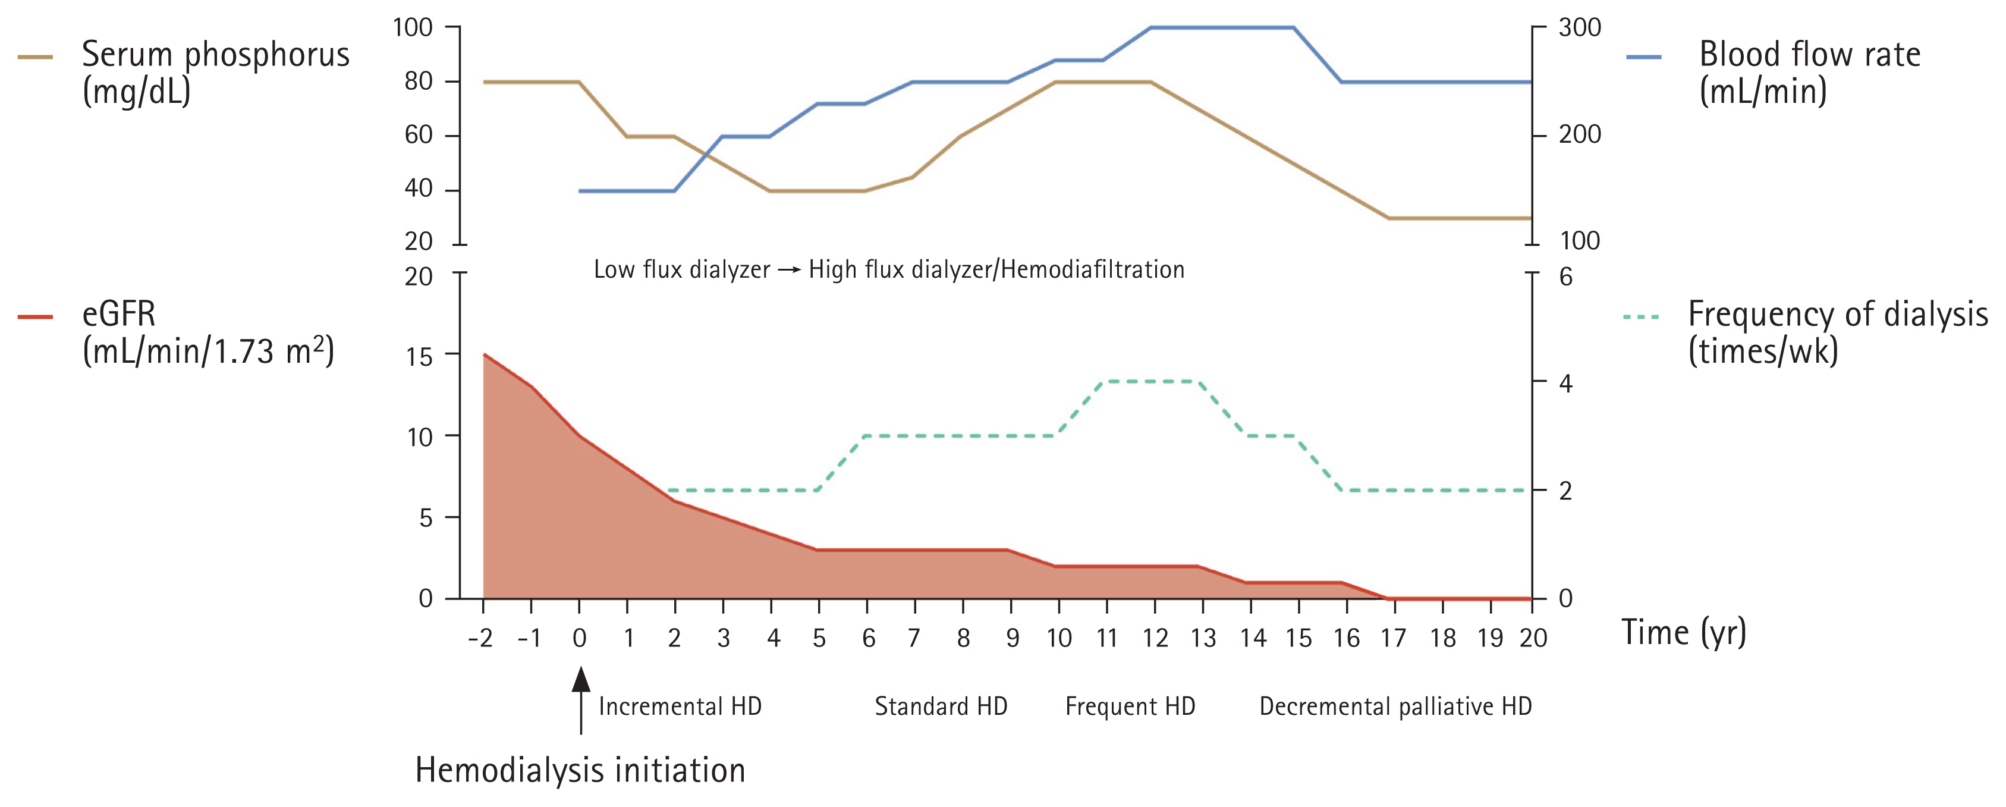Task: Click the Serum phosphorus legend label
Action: pyautogui.click(x=215, y=73)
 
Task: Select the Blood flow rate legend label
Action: pyautogui.click(x=1809, y=73)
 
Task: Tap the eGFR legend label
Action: pyautogui.click(x=207, y=332)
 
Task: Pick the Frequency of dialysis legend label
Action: pyautogui.click(x=1837, y=332)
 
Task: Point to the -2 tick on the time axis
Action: pyautogui.click(x=480, y=639)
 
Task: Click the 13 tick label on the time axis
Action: pyautogui.click(x=1203, y=639)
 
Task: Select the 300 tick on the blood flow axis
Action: pyautogui.click(x=1579, y=28)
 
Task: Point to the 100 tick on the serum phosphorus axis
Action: pyautogui.click(x=412, y=28)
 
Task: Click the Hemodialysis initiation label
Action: pyautogui.click(x=580, y=770)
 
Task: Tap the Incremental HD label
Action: pyautogui.click(x=680, y=706)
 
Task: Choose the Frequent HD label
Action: pyautogui.click(x=1130, y=706)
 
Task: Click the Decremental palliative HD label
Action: pyautogui.click(x=1395, y=706)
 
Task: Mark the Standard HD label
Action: pyautogui.click(x=941, y=706)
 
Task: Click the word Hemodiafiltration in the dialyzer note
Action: pyautogui.click(x=1093, y=269)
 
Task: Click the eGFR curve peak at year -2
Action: pyautogui.click(x=485, y=355)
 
